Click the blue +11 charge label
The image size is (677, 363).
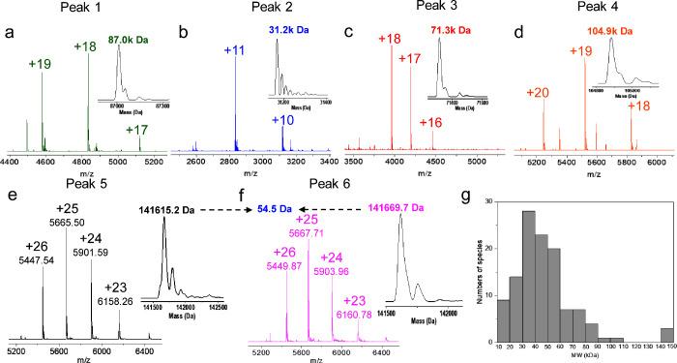click(x=221, y=47)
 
